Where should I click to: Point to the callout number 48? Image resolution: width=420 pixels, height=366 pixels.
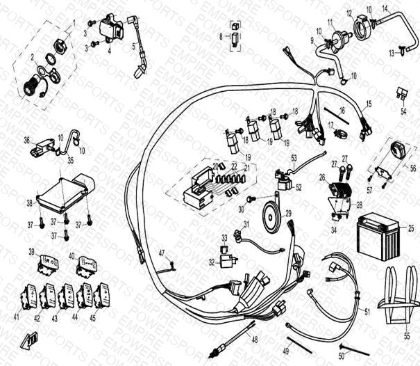pos(254,340)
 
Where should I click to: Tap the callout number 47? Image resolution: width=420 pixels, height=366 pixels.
pos(162,252)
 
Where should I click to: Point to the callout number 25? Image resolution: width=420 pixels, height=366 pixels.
pos(411,228)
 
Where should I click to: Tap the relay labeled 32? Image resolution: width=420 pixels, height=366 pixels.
pos(225,262)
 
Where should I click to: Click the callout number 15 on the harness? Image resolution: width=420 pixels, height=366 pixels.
pos(369,104)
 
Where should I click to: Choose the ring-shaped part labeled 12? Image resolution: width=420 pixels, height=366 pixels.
pos(362,28)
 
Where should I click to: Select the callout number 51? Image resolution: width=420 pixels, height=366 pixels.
pos(367,313)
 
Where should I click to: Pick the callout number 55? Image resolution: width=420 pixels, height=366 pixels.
pos(407,335)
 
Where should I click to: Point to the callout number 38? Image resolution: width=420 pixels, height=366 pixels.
pos(29,203)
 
